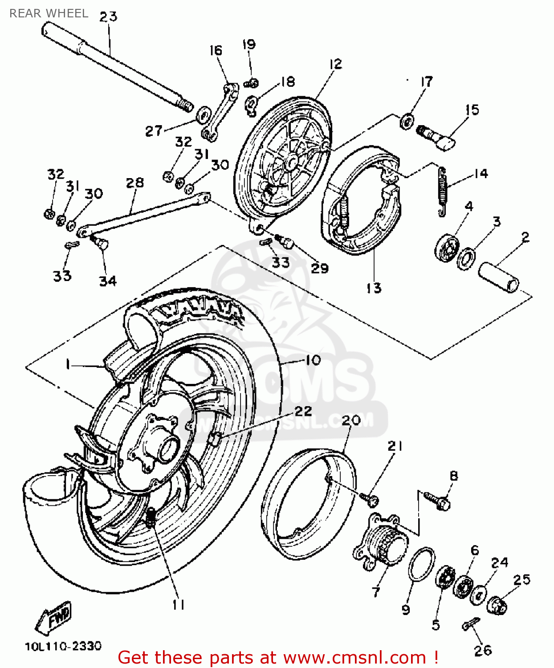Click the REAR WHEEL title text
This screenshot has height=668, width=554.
coord(49,13)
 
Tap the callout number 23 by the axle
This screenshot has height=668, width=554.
coord(108,17)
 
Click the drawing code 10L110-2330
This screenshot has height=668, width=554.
coord(63,646)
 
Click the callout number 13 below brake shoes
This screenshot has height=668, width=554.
coord(374,288)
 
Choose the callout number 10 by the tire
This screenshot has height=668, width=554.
coord(313,360)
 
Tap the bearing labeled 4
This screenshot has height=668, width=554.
coord(446,248)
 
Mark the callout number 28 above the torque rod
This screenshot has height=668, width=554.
coord(134,183)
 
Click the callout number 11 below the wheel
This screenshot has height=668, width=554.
coord(178,604)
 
